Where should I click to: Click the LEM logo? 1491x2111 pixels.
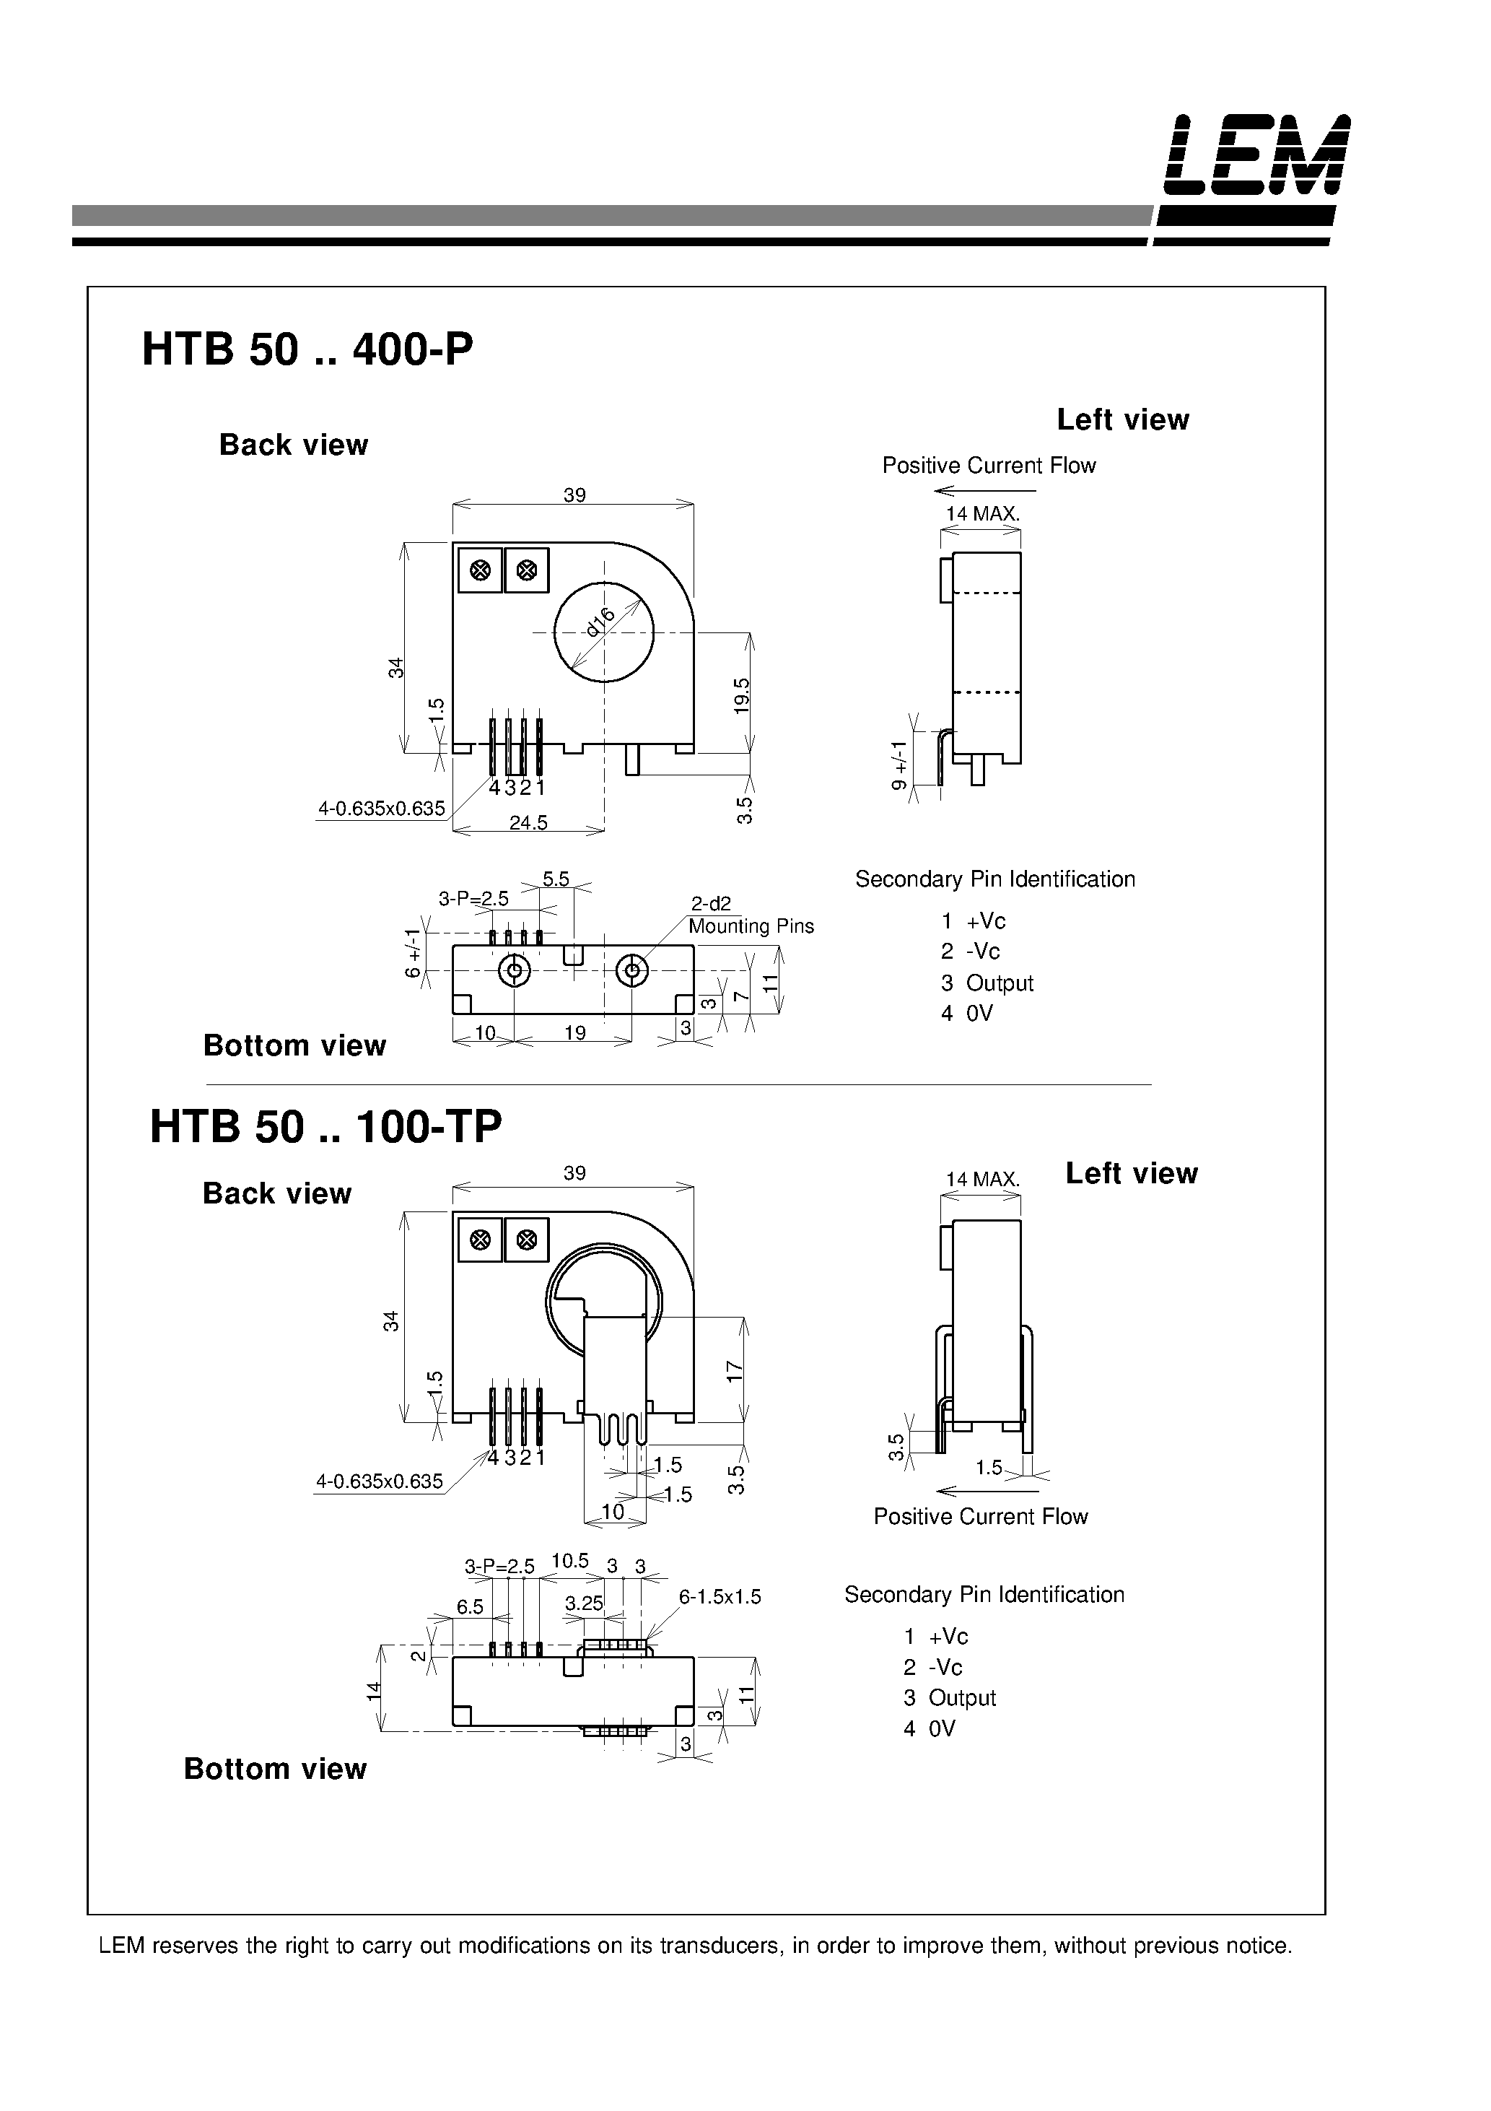(1256, 155)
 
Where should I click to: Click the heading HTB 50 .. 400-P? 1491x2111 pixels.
(307, 350)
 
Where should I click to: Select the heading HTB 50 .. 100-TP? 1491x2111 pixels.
(325, 1127)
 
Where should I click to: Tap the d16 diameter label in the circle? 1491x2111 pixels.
(600, 622)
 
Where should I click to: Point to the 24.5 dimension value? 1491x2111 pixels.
(528, 823)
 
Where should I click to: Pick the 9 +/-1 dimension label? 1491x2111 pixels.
(900, 766)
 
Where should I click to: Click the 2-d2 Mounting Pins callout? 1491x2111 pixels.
(749, 915)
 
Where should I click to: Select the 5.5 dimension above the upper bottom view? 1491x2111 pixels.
(555, 879)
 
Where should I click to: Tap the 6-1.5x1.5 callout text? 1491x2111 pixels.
(720, 1597)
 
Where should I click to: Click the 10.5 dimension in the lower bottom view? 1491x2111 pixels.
(570, 1560)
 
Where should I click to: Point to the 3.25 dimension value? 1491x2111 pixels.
(584, 1603)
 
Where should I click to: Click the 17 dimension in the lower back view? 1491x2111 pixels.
(735, 1371)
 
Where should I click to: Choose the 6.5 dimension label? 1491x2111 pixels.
(470, 1606)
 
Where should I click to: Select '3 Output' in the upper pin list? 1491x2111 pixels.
(987, 983)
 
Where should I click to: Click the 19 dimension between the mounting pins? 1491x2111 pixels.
(574, 1032)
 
